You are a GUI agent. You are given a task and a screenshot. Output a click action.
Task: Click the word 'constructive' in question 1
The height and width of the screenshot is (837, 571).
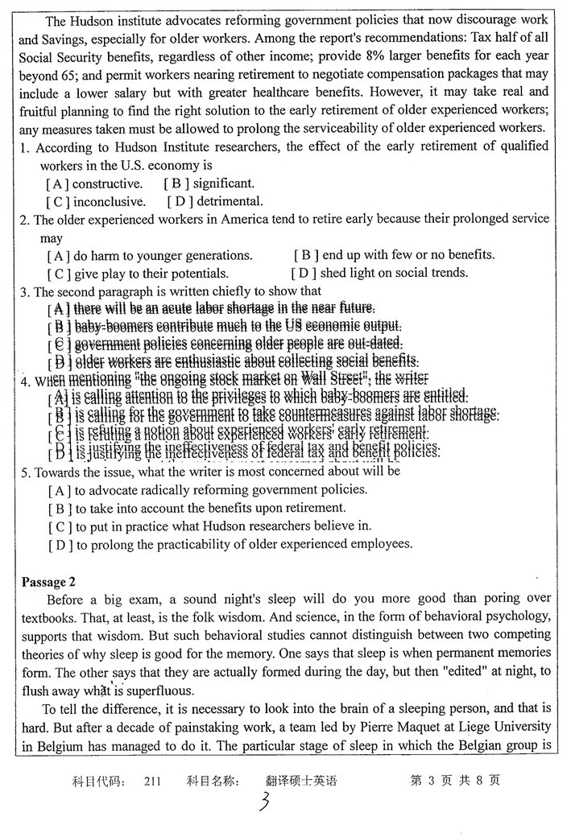(107, 183)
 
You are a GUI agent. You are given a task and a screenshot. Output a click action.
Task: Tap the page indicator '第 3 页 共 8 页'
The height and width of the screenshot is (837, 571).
(455, 781)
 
